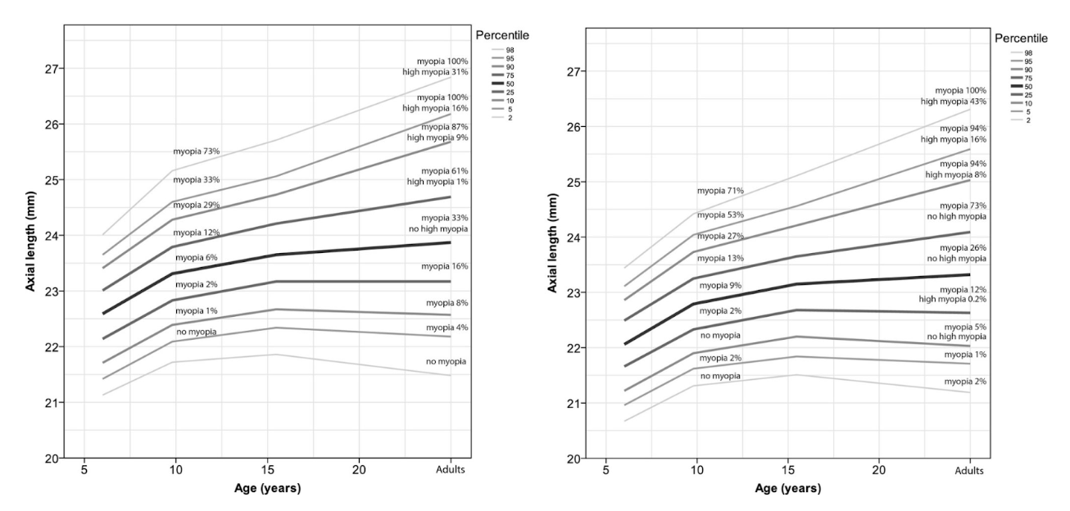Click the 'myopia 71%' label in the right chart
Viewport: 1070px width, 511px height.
[x=720, y=191]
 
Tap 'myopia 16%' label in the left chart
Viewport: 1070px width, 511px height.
[x=445, y=266]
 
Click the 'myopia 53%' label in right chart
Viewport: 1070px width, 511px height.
[x=720, y=215]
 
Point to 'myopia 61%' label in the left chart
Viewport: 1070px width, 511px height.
[x=445, y=171]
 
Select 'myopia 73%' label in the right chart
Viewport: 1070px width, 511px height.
[x=963, y=206]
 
